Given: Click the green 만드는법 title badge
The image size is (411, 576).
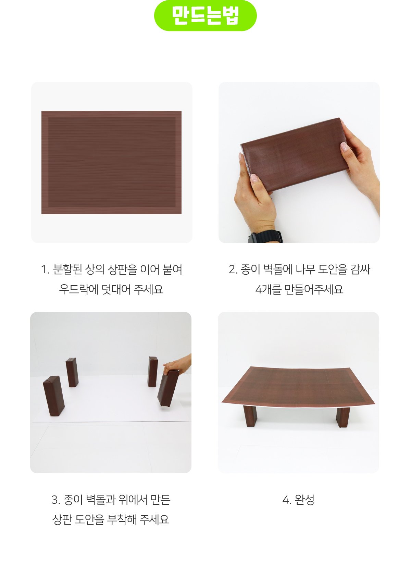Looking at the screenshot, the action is point(205,16).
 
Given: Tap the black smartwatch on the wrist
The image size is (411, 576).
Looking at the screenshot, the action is point(265,238).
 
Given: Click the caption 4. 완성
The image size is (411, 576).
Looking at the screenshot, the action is point(298,500).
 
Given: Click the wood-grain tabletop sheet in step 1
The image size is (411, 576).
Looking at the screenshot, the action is point(111,162).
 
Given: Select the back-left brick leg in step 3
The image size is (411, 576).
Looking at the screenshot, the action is point(72,372).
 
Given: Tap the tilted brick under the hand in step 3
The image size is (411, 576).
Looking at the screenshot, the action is point(168,388).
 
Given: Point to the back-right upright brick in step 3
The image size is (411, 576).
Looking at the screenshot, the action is point(153,371).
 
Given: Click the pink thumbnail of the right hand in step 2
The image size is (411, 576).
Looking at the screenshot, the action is point(344,147).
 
